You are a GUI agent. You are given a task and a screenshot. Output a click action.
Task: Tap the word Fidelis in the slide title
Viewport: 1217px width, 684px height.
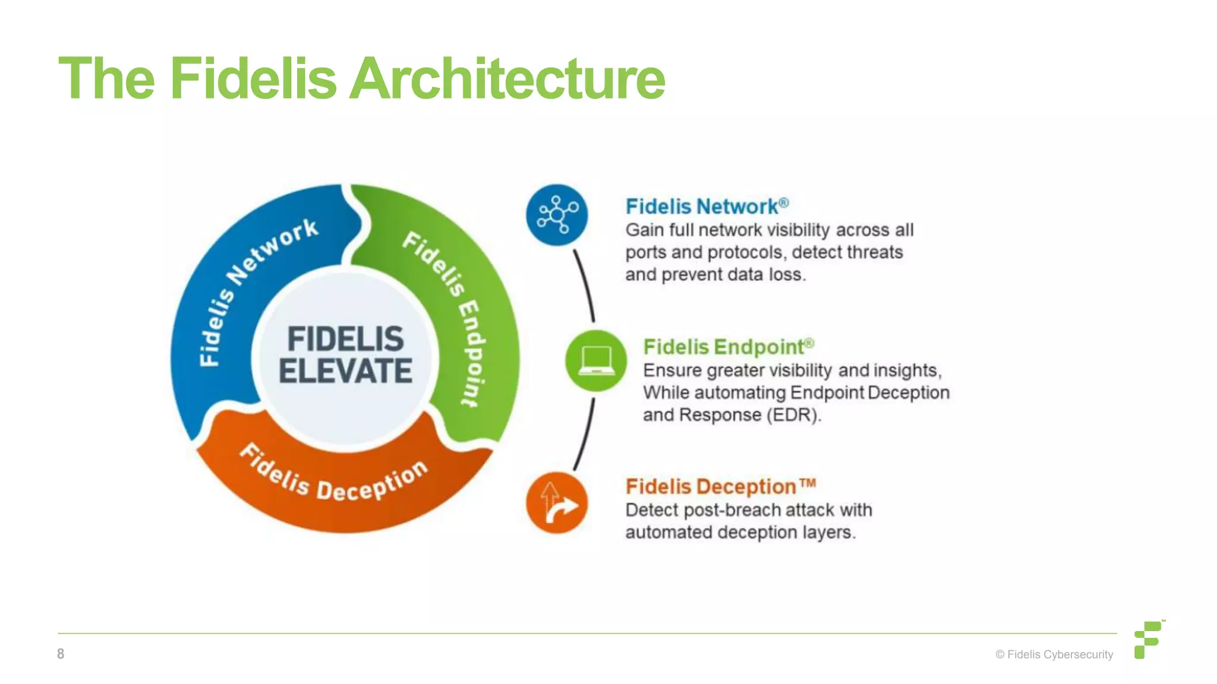click(253, 79)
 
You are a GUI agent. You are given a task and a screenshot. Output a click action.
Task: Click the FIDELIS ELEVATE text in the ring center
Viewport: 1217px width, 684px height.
click(345, 355)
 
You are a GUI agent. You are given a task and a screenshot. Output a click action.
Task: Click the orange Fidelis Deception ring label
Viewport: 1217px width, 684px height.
click(333, 478)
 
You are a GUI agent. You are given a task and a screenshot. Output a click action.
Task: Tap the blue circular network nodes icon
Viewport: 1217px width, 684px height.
click(557, 215)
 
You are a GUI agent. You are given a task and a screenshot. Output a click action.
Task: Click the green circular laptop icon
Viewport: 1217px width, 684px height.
click(595, 360)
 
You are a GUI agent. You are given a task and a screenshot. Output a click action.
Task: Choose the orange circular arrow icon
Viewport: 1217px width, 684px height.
click(557, 503)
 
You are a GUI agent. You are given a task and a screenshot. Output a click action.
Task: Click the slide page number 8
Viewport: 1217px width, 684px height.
click(61, 654)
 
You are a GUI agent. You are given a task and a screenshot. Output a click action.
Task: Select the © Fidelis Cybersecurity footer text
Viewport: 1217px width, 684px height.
click(1054, 654)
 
